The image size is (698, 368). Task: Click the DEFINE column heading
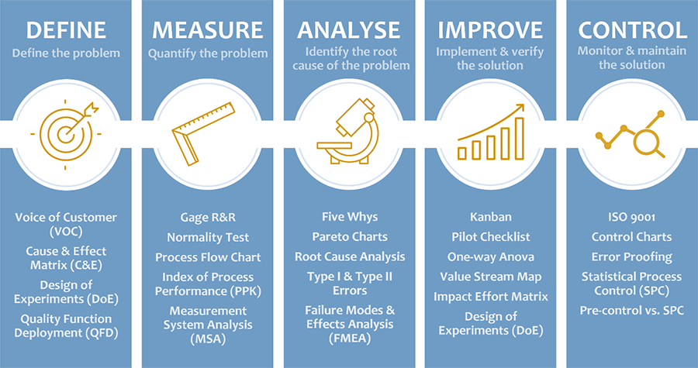pyautogui.click(x=66, y=30)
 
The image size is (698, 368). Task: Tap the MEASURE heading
pyautogui.click(x=207, y=30)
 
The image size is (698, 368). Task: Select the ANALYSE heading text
pyautogui.click(x=349, y=30)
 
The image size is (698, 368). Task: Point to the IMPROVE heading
pyautogui.click(x=490, y=30)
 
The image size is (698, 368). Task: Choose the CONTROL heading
pyautogui.click(x=632, y=30)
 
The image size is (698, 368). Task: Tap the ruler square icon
pyautogui.click(x=203, y=134)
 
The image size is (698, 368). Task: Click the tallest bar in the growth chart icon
pyautogui.click(x=520, y=138)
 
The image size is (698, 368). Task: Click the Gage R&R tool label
pyautogui.click(x=208, y=218)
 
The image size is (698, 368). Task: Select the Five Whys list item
pyautogui.click(x=350, y=217)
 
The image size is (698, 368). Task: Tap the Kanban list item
pyautogui.click(x=491, y=218)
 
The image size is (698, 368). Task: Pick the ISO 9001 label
pyautogui.click(x=631, y=218)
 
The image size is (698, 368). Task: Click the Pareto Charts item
pyautogui.click(x=350, y=236)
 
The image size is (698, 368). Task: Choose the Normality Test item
pyautogui.click(x=208, y=237)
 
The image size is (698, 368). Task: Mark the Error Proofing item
pyautogui.click(x=631, y=257)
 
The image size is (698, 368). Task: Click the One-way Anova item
pyautogui.click(x=491, y=257)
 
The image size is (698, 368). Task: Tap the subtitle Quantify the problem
pyautogui.click(x=208, y=53)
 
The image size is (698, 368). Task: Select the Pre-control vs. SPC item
pyautogui.click(x=631, y=310)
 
